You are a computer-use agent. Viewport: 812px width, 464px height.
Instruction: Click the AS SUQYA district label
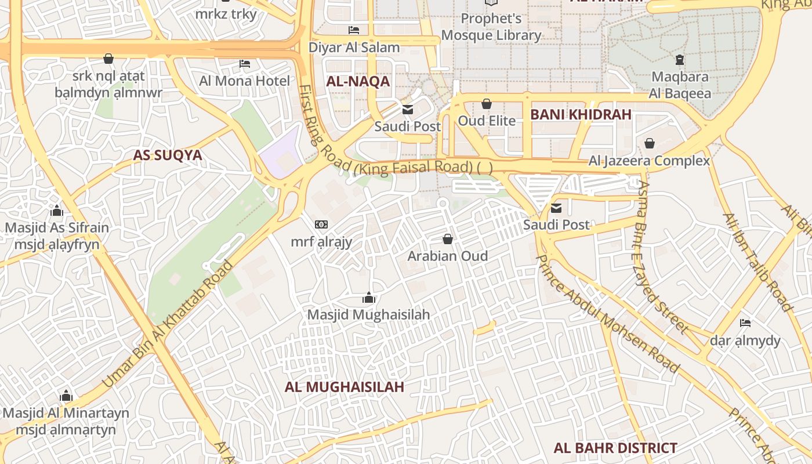click(x=167, y=155)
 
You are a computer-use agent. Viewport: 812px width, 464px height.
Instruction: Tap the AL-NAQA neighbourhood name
click(x=358, y=82)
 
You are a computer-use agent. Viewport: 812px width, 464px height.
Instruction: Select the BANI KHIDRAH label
click(x=581, y=115)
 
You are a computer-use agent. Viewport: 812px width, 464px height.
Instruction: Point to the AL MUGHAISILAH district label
click(x=344, y=387)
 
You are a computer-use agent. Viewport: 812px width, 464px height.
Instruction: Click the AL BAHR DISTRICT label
click(x=615, y=448)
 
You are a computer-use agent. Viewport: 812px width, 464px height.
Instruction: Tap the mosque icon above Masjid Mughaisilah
click(x=368, y=298)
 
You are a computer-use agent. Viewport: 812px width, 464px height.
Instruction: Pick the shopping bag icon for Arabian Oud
click(x=447, y=239)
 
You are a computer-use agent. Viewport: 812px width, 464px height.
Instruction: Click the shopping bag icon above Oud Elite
click(x=487, y=104)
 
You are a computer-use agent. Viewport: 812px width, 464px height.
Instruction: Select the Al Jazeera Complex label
click(x=649, y=161)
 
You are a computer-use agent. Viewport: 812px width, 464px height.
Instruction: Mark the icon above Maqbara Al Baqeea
click(x=680, y=59)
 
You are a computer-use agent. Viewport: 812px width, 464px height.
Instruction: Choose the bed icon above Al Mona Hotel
click(x=244, y=63)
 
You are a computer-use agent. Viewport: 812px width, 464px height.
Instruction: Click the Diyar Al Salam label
click(x=354, y=48)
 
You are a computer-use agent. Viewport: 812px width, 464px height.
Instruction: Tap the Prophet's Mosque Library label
click(x=491, y=27)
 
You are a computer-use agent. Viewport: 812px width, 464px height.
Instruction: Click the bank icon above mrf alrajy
click(x=321, y=224)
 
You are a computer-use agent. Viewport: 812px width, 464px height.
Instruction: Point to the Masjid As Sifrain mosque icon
click(x=57, y=211)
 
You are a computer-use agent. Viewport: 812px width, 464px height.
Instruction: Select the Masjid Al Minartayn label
click(x=66, y=414)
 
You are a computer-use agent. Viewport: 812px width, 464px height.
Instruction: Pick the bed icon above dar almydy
click(x=745, y=323)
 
